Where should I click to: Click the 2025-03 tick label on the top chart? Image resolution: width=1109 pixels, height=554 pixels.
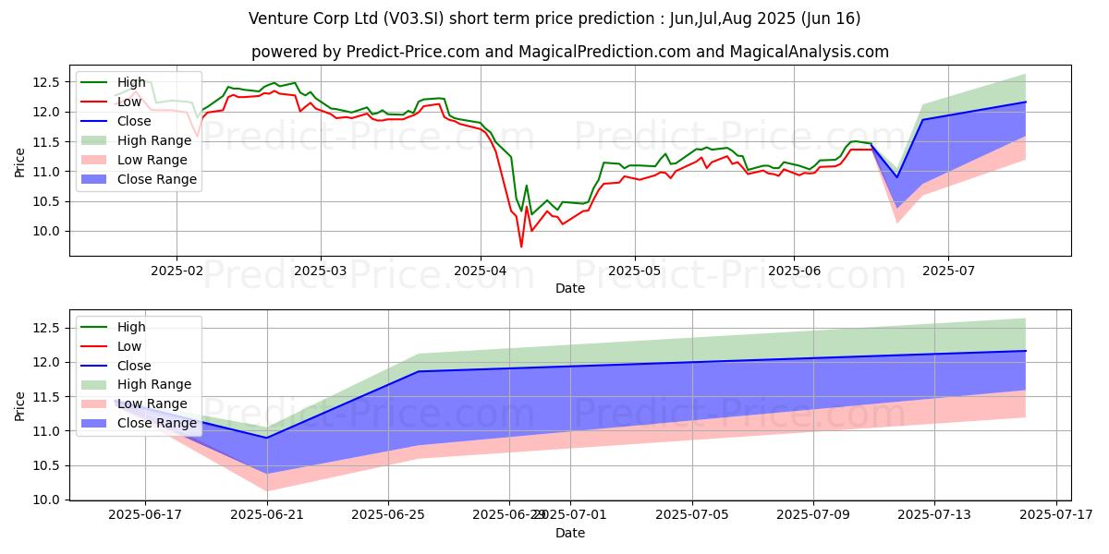[321, 271]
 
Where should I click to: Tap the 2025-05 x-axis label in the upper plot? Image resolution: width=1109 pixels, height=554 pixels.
[634, 271]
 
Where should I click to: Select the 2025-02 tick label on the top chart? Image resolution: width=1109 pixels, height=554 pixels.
[177, 271]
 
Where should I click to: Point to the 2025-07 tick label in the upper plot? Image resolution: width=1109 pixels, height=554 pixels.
[948, 271]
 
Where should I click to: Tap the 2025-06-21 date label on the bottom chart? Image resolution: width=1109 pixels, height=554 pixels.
[267, 515]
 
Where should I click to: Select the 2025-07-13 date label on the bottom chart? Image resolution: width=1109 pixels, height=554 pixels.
[935, 515]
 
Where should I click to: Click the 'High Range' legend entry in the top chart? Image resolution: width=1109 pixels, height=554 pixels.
[154, 140]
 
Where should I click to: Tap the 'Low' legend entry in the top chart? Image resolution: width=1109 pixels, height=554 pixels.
[130, 102]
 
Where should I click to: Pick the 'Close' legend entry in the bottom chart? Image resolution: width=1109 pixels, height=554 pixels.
[134, 366]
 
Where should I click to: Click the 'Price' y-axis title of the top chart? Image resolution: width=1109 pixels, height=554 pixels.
[19, 163]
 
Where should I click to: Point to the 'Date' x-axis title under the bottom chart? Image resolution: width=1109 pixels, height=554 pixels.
[570, 533]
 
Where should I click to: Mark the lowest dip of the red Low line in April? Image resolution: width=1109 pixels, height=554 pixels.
[521, 247]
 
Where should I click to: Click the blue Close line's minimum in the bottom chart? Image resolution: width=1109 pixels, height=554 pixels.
[267, 438]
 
